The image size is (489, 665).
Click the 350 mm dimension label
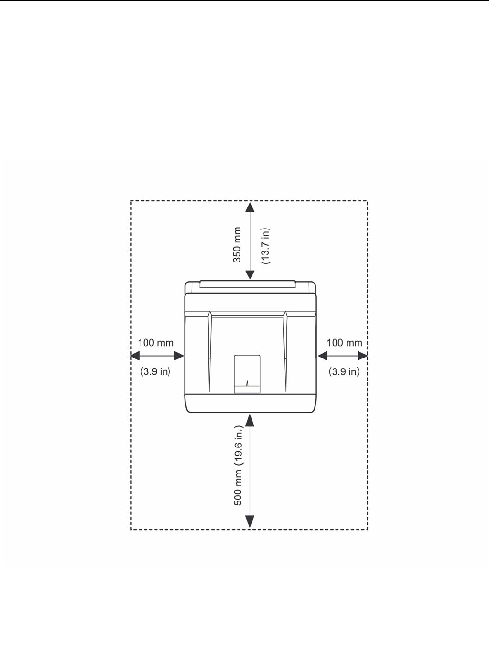pyautogui.click(x=237, y=244)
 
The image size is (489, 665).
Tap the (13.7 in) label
pyautogui.click(x=266, y=246)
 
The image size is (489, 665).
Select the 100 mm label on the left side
pyautogui.click(x=156, y=343)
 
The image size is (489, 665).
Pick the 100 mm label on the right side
pyautogui.click(x=344, y=343)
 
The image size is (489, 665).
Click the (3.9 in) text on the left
pyautogui.click(x=155, y=371)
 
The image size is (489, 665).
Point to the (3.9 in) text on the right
pyautogui.click(x=344, y=371)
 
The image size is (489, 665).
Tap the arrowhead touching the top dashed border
pyautogui.click(x=250, y=207)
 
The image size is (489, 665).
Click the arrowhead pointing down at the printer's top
pyautogui.click(x=250, y=275)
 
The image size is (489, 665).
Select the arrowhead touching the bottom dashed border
pyautogui.click(x=250, y=523)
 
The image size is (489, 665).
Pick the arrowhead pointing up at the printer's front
pyautogui.click(x=250, y=420)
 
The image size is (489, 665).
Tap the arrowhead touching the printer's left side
pyautogui.click(x=179, y=356)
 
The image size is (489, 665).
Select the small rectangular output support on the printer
pyautogui.click(x=247, y=374)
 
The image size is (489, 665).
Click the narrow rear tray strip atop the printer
pyautogui.click(x=248, y=284)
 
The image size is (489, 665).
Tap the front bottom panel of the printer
pyautogui.click(x=250, y=403)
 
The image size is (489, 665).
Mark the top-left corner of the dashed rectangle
pyautogui.click(x=131, y=201)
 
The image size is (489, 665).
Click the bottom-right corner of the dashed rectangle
pyautogui.click(x=367, y=529)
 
